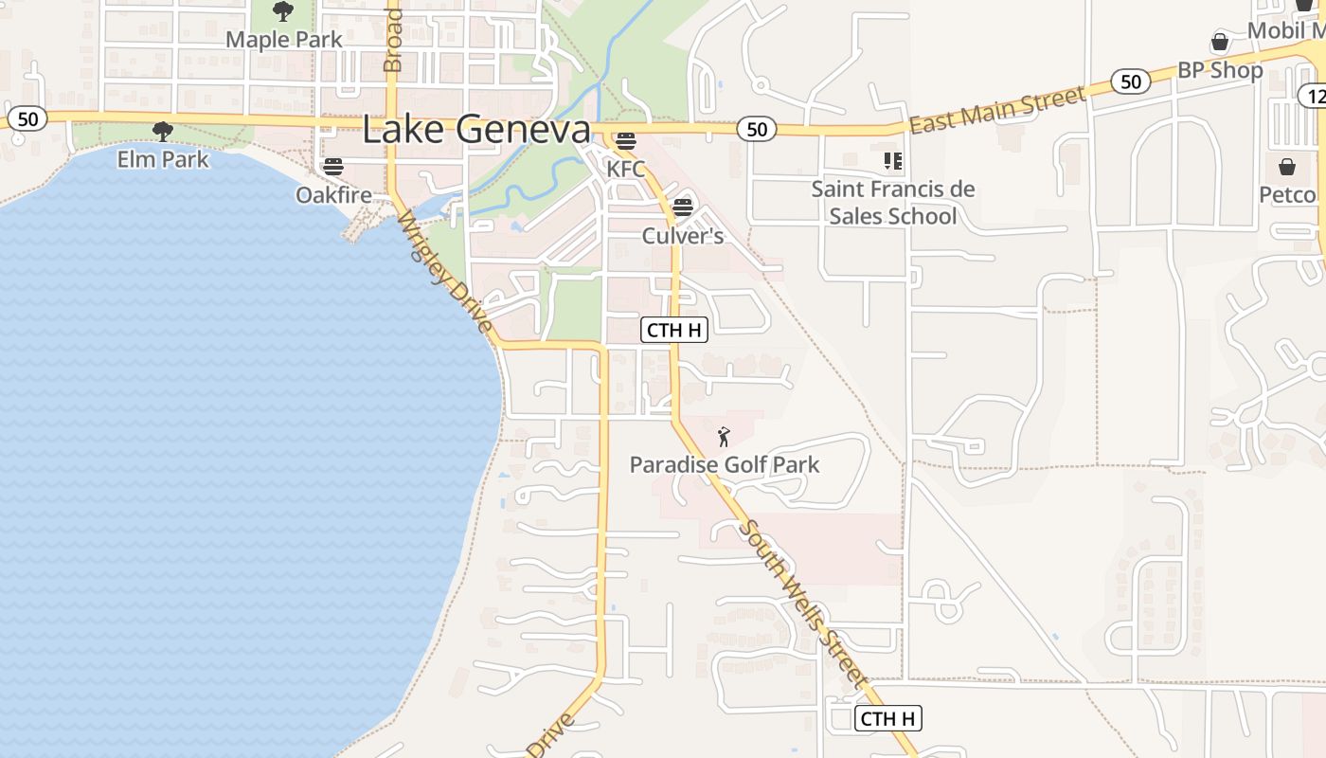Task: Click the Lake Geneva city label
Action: [475, 130]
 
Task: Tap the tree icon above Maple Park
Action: [282, 12]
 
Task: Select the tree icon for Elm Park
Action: [163, 132]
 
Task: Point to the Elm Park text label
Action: [163, 158]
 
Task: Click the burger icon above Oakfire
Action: [332, 168]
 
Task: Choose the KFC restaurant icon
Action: [625, 142]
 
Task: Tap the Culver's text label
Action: [683, 235]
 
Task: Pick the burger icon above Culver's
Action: [682, 207]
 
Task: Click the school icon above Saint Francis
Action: [892, 161]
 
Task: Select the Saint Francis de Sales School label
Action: [892, 202]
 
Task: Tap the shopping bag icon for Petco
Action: [1287, 168]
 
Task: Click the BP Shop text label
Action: [1220, 71]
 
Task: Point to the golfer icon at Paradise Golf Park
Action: [725, 437]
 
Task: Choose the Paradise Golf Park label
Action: [725, 464]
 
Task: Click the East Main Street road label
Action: [996, 110]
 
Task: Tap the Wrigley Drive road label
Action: [444, 272]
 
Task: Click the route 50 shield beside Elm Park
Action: [27, 118]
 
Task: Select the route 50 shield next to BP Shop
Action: [1131, 81]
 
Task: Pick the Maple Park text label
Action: [284, 40]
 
